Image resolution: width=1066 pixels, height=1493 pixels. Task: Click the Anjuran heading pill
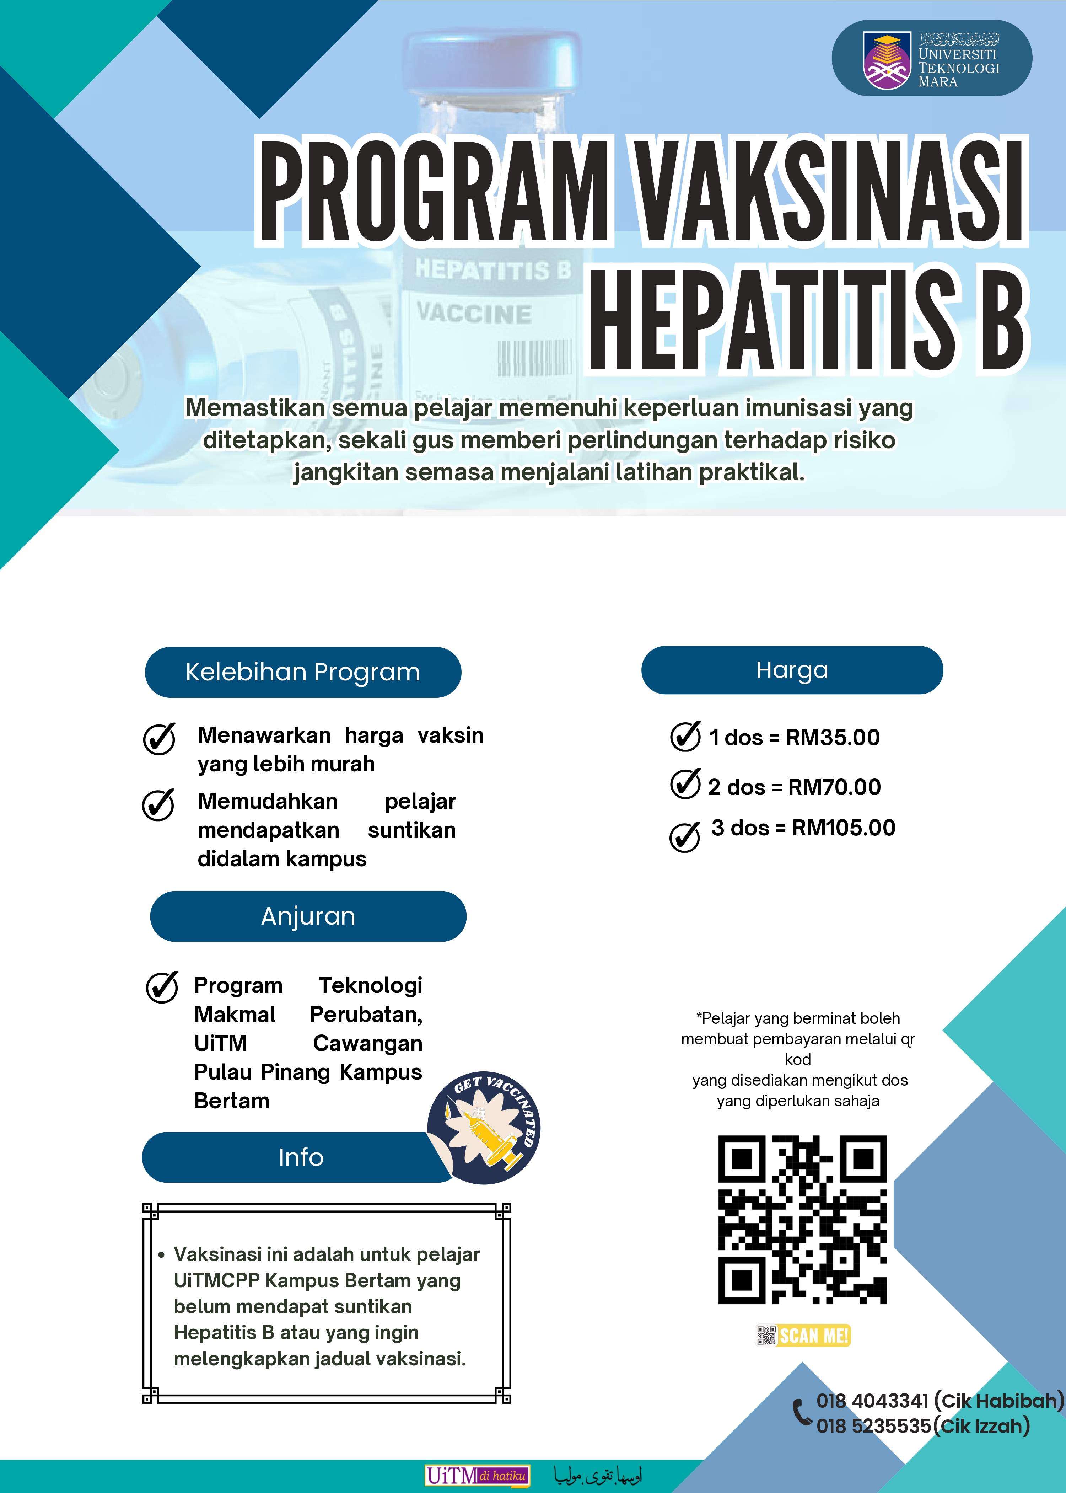308,916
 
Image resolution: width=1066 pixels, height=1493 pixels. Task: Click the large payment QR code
802,1219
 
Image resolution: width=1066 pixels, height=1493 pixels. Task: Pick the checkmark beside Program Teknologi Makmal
161,987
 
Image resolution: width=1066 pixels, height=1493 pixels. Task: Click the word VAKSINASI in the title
830,191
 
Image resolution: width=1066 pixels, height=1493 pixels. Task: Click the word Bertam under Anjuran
232,1101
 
